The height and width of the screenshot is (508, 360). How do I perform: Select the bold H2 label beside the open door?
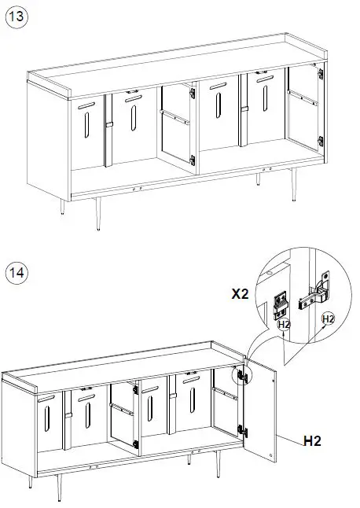click(x=314, y=440)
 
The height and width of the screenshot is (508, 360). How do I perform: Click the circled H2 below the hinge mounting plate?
click(x=284, y=324)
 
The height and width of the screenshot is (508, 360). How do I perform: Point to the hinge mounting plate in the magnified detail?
click(x=281, y=301)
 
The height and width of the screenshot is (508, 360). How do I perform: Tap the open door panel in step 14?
click(x=262, y=414)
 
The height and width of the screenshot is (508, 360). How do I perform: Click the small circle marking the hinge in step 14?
click(x=243, y=377)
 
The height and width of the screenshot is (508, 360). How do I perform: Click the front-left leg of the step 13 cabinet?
click(x=62, y=206)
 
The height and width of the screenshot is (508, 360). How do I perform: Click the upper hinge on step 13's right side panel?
click(x=320, y=74)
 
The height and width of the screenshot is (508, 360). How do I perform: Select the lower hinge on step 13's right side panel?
click(x=320, y=142)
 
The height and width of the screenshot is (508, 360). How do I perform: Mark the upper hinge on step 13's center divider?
click(x=192, y=92)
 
